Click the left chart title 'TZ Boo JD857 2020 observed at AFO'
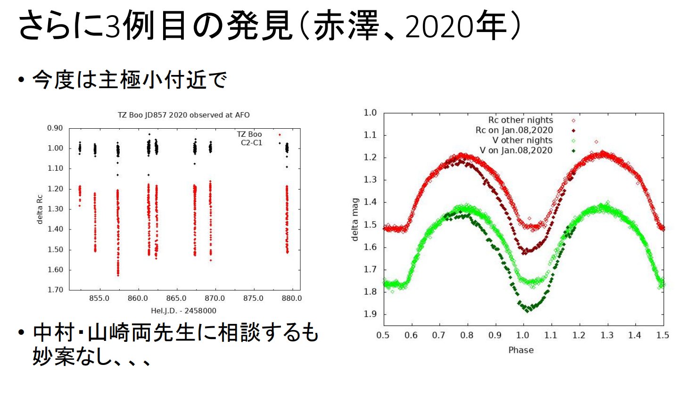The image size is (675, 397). tap(183, 115)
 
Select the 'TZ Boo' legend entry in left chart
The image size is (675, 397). tap(249, 134)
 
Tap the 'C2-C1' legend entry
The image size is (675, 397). tap(251, 143)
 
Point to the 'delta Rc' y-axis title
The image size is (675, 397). tap(40, 209)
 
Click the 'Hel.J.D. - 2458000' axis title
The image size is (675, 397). tap(183, 311)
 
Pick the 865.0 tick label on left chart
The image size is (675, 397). tap(176, 298)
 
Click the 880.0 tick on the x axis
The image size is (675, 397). tap(292, 298)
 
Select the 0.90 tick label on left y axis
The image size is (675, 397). tap(55, 128)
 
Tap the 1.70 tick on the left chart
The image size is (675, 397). tap(55, 290)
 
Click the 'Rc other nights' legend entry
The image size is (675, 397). tap(520, 120)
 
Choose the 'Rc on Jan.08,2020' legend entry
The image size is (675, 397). tap(514, 130)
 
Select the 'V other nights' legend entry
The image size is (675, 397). tap(522, 141)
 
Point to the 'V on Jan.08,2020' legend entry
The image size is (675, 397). tap(516, 150)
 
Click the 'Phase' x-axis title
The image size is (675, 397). tap(521, 350)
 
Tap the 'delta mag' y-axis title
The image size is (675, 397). tap(355, 219)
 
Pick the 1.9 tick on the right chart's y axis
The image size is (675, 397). tap(370, 314)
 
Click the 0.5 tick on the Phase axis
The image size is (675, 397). tap(383, 335)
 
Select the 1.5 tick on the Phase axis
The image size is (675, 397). tap(663, 335)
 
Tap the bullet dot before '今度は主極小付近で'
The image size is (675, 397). tap(21, 80)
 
